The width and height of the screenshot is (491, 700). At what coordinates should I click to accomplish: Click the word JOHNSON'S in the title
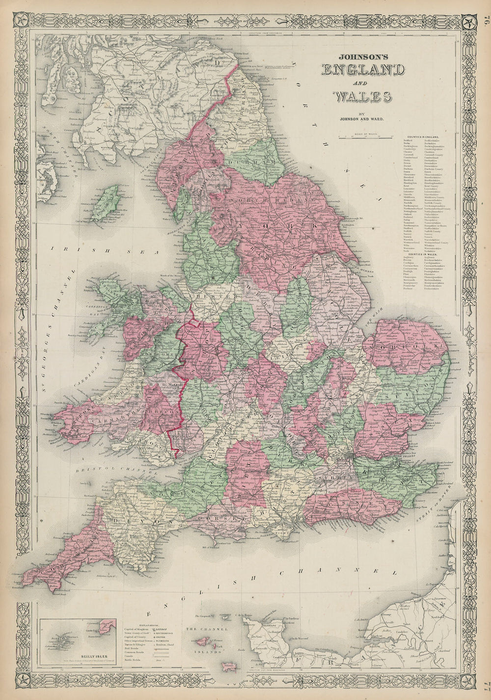(x=356, y=56)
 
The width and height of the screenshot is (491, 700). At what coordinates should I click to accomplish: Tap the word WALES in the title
(x=362, y=97)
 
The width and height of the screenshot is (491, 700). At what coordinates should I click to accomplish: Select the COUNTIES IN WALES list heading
(x=423, y=253)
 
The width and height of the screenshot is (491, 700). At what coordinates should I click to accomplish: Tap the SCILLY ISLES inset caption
(x=78, y=653)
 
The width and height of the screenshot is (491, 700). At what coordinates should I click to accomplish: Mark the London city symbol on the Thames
(x=350, y=460)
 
